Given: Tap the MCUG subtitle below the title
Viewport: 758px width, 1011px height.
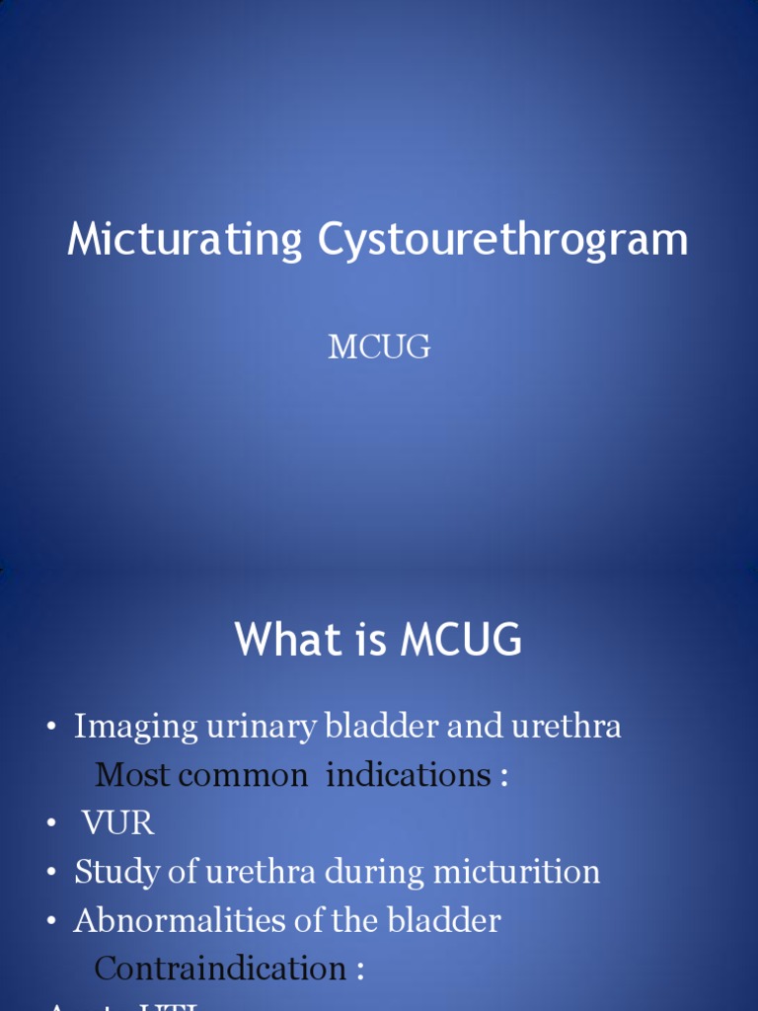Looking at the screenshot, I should [379, 347].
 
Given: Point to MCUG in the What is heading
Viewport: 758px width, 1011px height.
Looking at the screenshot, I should [461, 640].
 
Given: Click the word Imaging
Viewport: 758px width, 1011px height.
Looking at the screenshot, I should [136, 728].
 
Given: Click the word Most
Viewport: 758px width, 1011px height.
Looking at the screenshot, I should [134, 776].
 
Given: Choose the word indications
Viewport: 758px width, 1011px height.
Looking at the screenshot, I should [408, 775].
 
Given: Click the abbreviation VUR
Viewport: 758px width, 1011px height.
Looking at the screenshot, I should [118, 823].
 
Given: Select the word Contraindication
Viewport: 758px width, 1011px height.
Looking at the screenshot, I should [220, 969].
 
